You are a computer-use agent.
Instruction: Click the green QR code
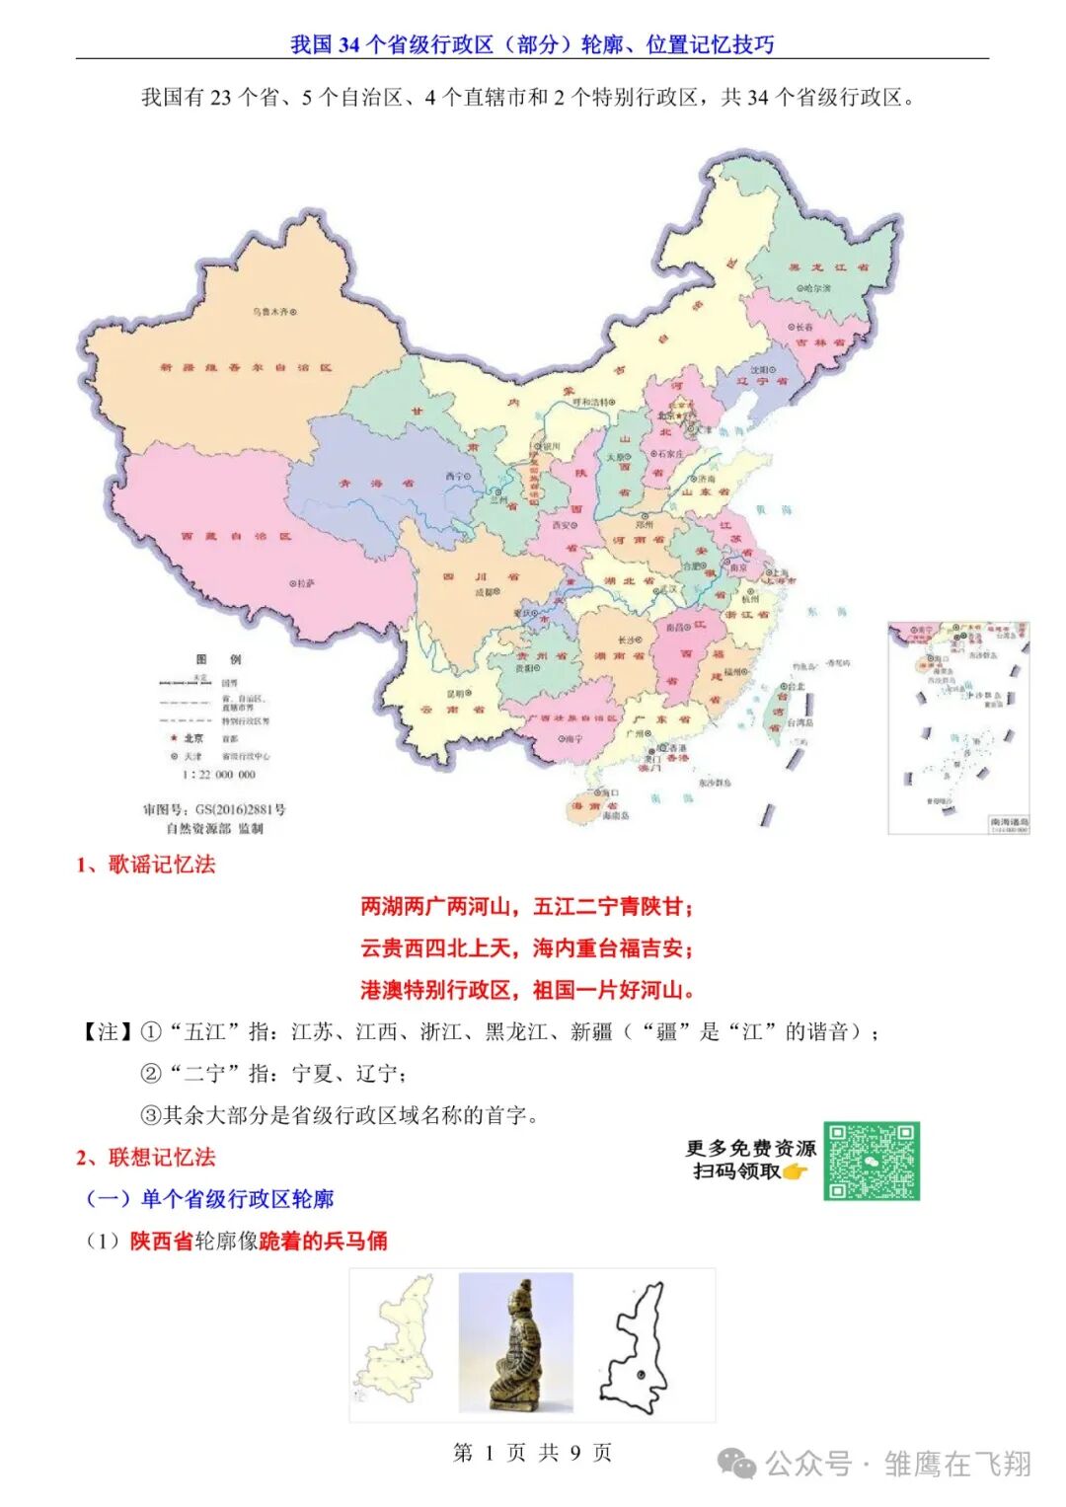[x=872, y=1161]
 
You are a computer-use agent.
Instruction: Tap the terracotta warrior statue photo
[x=515, y=1343]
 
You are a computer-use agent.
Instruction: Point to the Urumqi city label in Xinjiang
[x=273, y=312]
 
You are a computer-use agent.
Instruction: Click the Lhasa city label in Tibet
[x=302, y=583]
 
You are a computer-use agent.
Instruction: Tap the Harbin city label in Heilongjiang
[x=814, y=288]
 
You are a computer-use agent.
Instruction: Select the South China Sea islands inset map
[x=957, y=727]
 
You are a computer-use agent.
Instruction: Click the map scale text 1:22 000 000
[x=218, y=775]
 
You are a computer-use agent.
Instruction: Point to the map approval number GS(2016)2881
[x=214, y=809]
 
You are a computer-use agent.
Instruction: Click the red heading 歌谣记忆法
[x=146, y=865]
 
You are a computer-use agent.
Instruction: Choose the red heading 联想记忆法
[x=146, y=1157]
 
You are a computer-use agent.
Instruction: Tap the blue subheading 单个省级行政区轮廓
[x=210, y=1199]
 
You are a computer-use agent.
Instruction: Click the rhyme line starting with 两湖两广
[x=527, y=906]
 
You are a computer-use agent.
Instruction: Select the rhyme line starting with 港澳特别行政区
[x=527, y=990]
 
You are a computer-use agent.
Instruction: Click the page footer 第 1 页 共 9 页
[x=532, y=1452]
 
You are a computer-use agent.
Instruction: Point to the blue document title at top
[x=532, y=44]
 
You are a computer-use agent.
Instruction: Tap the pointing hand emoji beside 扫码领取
[x=795, y=1171]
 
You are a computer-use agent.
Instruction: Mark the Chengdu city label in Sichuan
[x=486, y=592]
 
